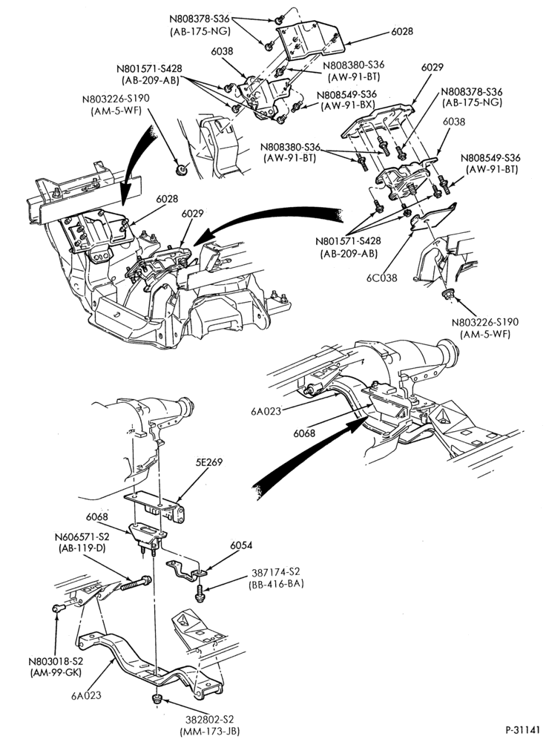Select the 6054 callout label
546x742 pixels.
pyautogui.click(x=241, y=545)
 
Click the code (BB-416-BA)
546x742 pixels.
pyautogui.click(x=275, y=584)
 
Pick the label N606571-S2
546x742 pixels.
pyautogui.click(x=82, y=537)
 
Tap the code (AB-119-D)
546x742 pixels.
pyautogui.click(x=82, y=549)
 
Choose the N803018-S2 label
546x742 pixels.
pyautogui.click(x=56, y=661)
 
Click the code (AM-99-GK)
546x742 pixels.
pyautogui.click(x=56, y=672)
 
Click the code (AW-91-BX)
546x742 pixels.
pyautogui.click(x=348, y=106)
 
